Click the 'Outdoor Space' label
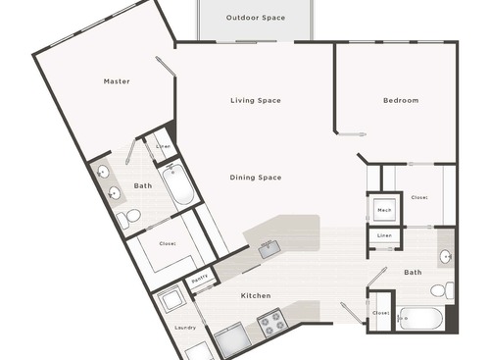click(255, 19)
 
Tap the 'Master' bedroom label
click(117, 81)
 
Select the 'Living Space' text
click(256, 101)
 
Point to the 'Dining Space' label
click(256, 178)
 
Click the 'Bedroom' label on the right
click(400, 101)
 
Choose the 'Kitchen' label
click(254, 295)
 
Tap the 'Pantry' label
click(199, 280)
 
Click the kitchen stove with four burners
click(270, 322)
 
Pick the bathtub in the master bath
click(178, 184)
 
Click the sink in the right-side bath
click(446, 257)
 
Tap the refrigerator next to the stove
click(232, 339)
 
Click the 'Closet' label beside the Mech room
click(419, 196)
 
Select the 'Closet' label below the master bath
click(168, 242)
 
